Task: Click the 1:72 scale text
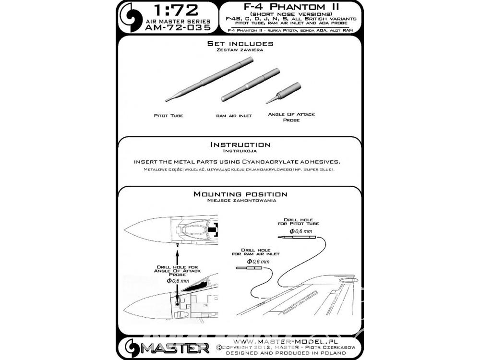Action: tap(176, 11)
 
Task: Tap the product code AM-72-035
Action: tap(178, 27)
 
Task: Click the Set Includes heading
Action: tap(240, 44)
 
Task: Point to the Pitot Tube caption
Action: tap(168, 116)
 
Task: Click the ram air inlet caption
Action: tap(234, 116)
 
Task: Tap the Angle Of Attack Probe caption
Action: tap(291, 117)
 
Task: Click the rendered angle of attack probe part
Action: tap(284, 93)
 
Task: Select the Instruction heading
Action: tap(240, 144)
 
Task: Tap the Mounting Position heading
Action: tap(240, 194)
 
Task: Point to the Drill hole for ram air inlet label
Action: tap(256, 252)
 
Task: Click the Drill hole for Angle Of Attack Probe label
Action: tap(178, 271)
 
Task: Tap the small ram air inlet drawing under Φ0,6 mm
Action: tap(249, 268)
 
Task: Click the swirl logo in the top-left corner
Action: tap(131, 17)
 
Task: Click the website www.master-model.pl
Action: tap(285, 341)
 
